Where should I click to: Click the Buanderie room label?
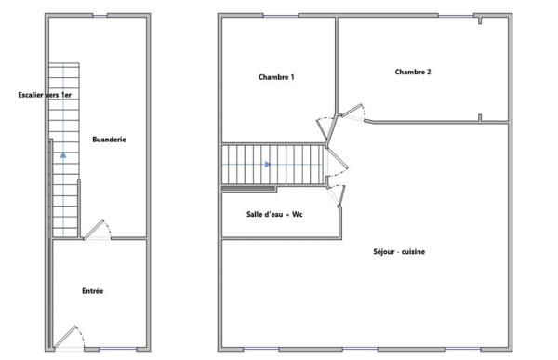point(109,140)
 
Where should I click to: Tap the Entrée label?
point(92,291)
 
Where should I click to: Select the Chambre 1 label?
point(276,77)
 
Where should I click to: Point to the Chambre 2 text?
point(413,72)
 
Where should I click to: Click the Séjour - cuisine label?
point(399,251)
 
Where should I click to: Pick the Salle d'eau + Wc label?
point(274,214)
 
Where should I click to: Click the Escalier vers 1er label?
point(45,95)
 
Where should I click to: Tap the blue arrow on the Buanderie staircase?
point(63,155)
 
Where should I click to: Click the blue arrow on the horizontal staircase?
point(268,164)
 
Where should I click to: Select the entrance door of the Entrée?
point(68,336)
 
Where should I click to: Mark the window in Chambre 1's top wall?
point(281,15)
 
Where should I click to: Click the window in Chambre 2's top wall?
point(456,15)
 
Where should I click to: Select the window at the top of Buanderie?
point(100,15)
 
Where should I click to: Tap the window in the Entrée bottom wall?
point(118,349)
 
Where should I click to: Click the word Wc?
point(298,214)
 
